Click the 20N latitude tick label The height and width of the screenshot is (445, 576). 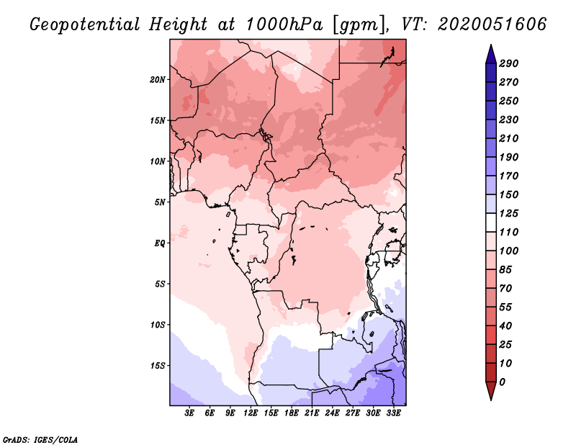[x=158, y=79]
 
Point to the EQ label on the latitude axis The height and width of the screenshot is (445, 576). [x=159, y=243]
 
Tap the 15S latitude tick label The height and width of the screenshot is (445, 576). [x=158, y=365]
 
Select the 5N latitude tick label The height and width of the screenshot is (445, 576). [x=160, y=202]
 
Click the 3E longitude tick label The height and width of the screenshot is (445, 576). [x=190, y=413]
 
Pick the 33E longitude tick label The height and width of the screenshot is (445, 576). [x=393, y=413]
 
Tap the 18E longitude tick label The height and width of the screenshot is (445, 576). [x=292, y=413]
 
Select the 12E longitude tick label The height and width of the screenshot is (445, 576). [x=251, y=413]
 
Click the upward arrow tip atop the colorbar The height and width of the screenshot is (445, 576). [x=490, y=46]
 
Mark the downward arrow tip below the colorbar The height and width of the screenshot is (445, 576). [x=490, y=398]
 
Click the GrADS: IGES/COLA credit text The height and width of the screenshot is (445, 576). [x=40, y=439]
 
